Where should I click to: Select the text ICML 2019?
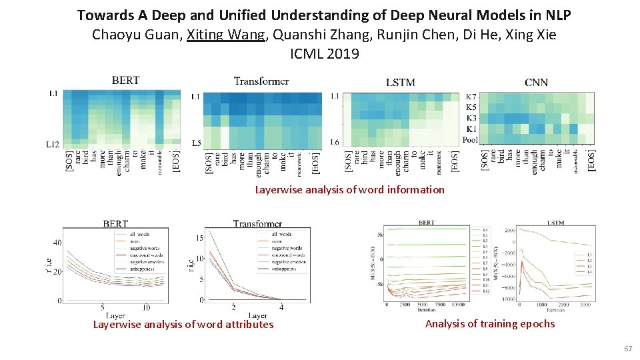325,54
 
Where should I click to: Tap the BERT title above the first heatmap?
125,80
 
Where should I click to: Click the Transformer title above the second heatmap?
261,81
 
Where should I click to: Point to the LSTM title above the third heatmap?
400,82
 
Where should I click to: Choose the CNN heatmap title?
536,82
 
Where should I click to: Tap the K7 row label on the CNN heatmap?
471,97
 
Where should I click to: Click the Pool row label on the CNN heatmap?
469,140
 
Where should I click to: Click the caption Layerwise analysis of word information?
349,190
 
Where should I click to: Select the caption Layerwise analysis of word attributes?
183,325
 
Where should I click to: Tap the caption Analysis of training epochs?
489,324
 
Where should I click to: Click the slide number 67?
627,349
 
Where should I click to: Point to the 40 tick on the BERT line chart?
57,243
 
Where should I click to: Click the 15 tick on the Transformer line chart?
199,238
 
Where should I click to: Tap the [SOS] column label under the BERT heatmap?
69,161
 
